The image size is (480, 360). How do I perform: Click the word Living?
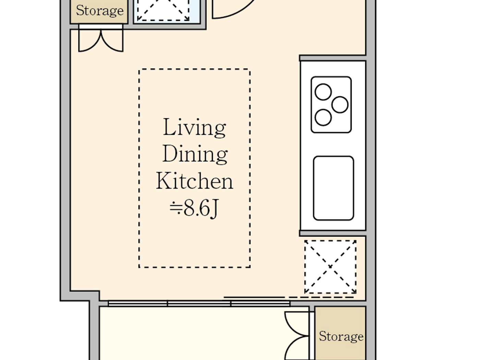(195, 128)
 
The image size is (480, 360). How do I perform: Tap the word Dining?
(195, 154)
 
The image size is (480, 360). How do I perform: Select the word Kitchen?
(195, 181)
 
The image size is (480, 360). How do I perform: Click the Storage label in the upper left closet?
(100, 11)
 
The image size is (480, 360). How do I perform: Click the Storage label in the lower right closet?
(341, 336)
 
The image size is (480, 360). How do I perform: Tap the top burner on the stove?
(323, 92)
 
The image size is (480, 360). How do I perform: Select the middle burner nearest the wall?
(340, 105)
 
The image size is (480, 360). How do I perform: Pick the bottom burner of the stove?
(323, 118)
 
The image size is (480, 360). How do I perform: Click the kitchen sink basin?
(334, 188)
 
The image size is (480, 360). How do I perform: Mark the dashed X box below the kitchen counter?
(330, 267)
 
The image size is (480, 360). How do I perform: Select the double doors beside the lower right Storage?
(297, 336)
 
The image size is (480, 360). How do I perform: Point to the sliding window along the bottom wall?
(199, 304)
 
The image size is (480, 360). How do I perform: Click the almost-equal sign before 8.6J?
(176, 208)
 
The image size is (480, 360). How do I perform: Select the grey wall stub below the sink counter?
(333, 233)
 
